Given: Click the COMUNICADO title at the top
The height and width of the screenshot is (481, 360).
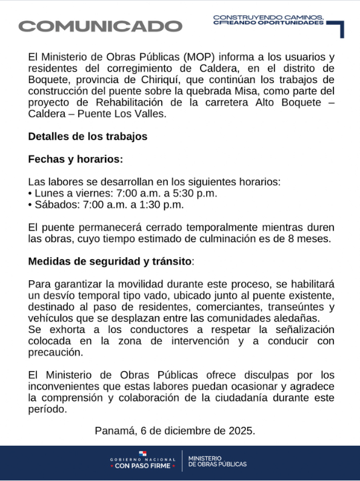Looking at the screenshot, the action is [100, 26].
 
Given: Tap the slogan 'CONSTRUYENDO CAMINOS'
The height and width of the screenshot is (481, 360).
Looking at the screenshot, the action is [268, 17].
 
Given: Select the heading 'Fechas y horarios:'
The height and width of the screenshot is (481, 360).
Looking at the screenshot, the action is [75, 159].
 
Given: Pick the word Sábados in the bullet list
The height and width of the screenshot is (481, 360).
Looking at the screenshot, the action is [53, 204].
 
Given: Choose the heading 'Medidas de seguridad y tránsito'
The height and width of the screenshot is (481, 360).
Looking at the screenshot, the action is [109, 261].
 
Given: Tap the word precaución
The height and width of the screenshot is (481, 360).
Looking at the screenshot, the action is [54, 352].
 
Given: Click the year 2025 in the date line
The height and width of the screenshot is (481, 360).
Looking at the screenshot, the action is [240, 431].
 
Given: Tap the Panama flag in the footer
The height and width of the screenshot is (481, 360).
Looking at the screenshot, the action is [142, 453].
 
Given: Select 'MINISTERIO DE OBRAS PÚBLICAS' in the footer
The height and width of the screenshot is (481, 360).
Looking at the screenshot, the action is [218, 461].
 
